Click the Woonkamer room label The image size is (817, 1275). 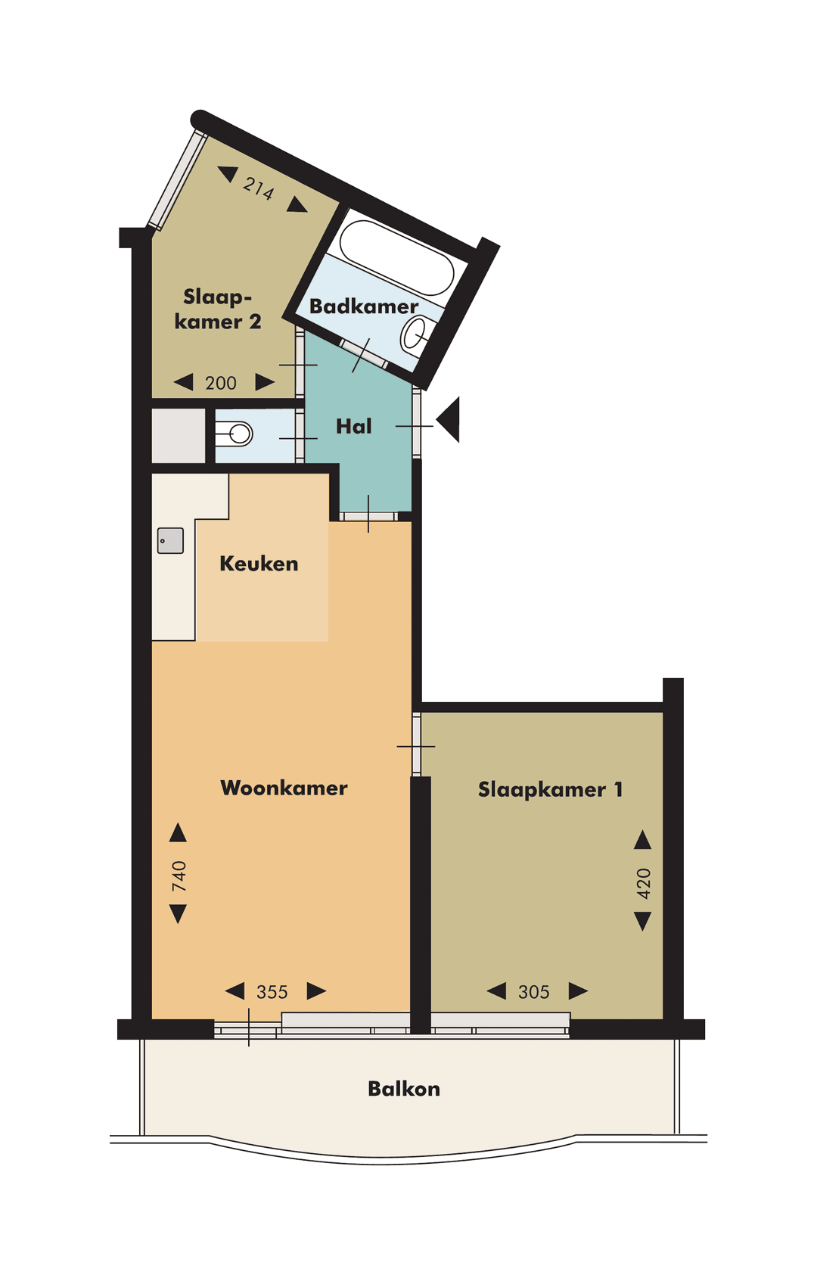(x=284, y=788)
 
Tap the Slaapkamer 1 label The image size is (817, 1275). (x=550, y=789)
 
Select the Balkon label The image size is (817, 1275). (x=403, y=1089)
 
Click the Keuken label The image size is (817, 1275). (x=259, y=564)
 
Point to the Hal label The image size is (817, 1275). (x=353, y=427)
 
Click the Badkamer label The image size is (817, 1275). (x=363, y=306)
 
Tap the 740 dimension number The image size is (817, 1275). (x=179, y=875)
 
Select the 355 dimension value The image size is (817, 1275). (x=272, y=992)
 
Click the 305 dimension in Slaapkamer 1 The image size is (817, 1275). (x=533, y=992)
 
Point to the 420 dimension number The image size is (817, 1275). (x=643, y=883)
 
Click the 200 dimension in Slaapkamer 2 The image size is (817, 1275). (x=221, y=383)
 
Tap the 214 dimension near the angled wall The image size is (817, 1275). (x=259, y=187)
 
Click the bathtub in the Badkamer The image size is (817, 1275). (x=396, y=257)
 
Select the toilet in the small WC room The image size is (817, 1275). (x=235, y=434)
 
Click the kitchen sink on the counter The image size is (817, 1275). (x=170, y=540)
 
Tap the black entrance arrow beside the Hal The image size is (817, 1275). (x=449, y=419)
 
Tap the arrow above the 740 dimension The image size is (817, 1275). (x=178, y=832)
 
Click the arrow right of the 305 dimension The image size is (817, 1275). (x=578, y=990)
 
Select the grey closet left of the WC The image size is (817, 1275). (x=179, y=435)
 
